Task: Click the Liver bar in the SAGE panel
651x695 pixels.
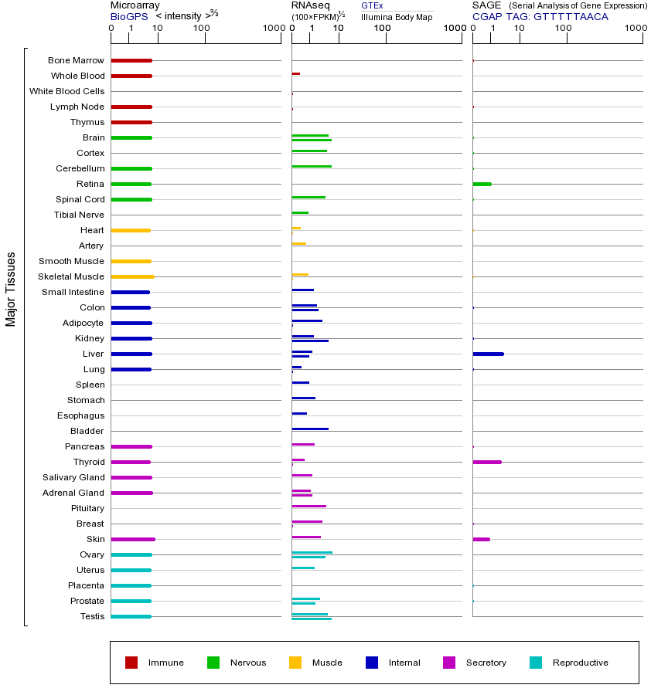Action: tap(488, 354)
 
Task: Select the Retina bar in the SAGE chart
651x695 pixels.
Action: tap(482, 184)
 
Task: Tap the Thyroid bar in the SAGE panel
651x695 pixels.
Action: tap(487, 462)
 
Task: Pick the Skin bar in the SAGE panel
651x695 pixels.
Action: tap(481, 539)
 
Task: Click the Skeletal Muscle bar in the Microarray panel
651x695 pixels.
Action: tap(132, 276)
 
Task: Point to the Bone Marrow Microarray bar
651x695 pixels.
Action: tap(131, 60)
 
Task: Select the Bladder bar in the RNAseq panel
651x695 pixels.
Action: tap(310, 429)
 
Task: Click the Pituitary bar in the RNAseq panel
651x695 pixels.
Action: tap(308, 506)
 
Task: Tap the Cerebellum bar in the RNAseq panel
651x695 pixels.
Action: tap(312, 166)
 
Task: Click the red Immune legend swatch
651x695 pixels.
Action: tap(131, 663)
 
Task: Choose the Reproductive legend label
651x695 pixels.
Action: tap(580, 663)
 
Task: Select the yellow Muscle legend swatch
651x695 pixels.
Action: tap(295, 663)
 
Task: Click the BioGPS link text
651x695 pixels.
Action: tap(128, 16)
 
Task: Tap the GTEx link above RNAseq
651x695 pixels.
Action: tap(372, 5)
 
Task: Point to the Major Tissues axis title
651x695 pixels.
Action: tap(11, 289)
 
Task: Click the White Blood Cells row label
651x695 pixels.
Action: tap(66, 91)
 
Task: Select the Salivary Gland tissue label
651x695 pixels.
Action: tap(73, 477)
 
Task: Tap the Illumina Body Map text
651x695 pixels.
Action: tap(397, 16)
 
